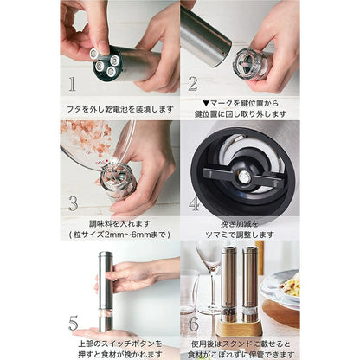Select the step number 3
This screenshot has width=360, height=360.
(74, 203)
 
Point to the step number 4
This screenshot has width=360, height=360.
(194, 204)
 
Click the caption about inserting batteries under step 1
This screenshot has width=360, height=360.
(119, 110)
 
